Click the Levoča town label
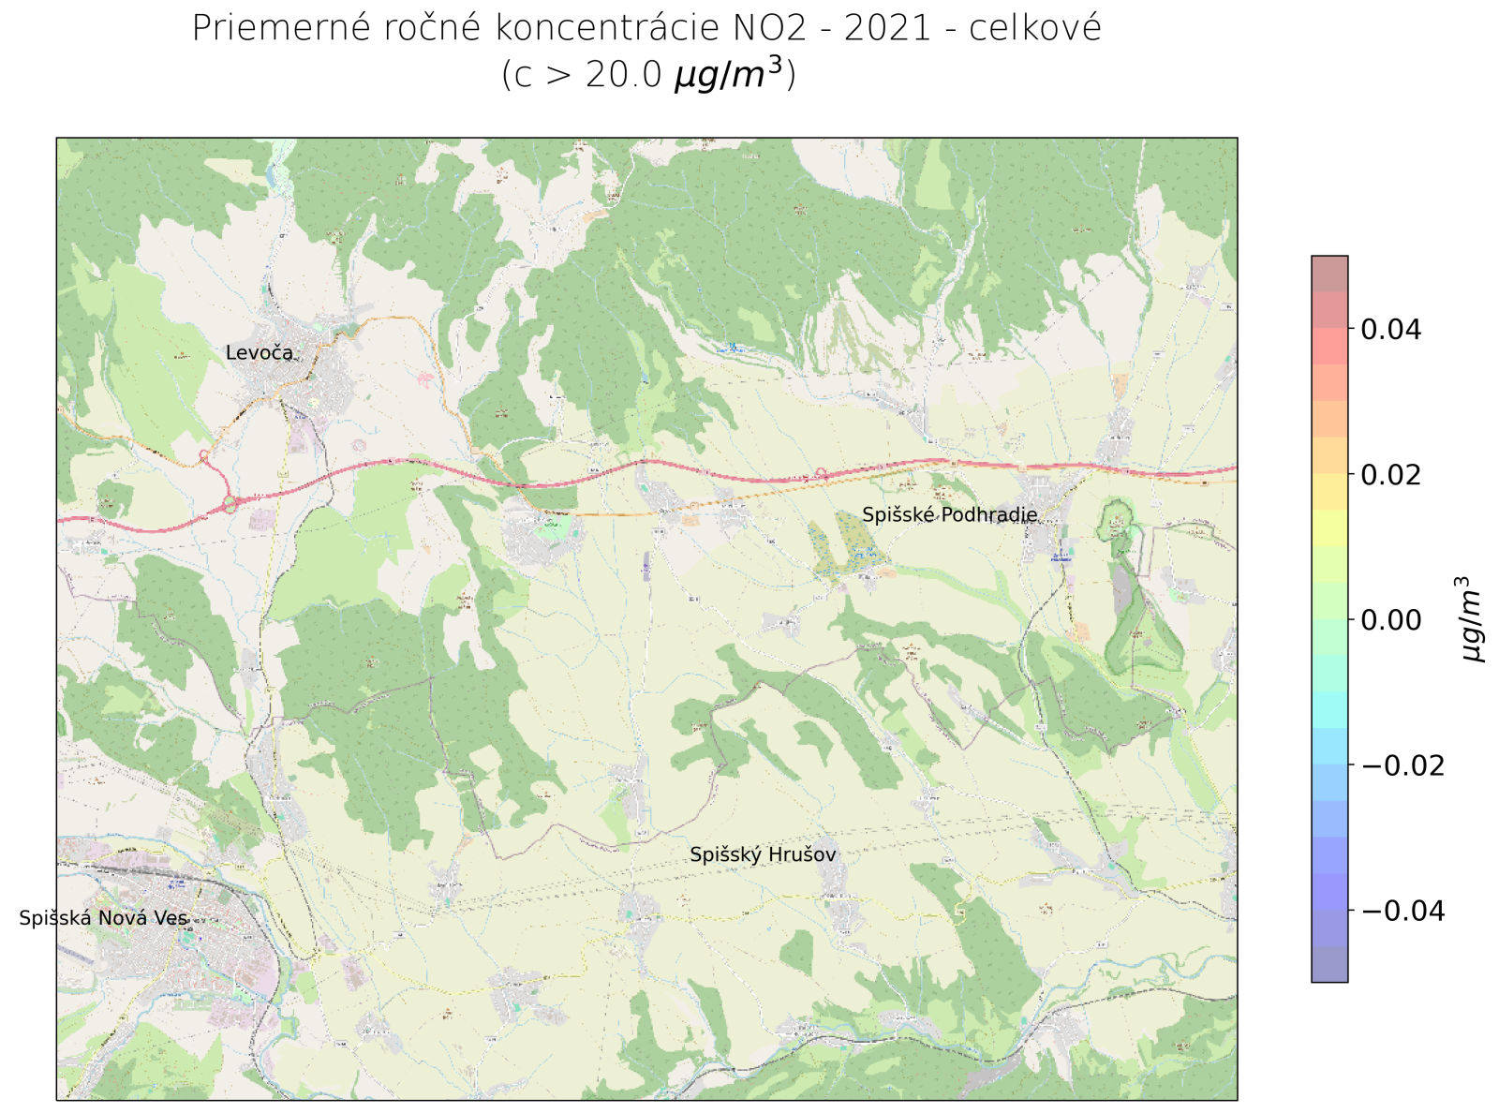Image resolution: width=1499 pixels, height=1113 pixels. [x=260, y=353]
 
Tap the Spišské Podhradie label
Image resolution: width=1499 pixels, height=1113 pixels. [x=949, y=514]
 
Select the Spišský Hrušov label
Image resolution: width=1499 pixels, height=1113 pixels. [x=763, y=854]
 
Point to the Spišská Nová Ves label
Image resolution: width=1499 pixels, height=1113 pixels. [x=103, y=918]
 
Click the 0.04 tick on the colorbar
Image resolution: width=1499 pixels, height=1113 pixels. [x=1390, y=330]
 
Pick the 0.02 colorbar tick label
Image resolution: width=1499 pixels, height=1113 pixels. [x=1390, y=475]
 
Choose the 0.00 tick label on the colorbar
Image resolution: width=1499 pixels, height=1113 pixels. [x=1390, y=620]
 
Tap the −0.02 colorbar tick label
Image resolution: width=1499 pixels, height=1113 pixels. [x=1402, y=765]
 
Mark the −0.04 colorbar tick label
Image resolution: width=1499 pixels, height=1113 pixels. [x=1402, y=911]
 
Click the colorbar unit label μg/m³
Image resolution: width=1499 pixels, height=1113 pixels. [x=1474, y=619]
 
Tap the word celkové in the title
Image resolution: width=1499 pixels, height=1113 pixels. [x=1035, y=29]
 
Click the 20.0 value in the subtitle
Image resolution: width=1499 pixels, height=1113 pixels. [x=624, y=75]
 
